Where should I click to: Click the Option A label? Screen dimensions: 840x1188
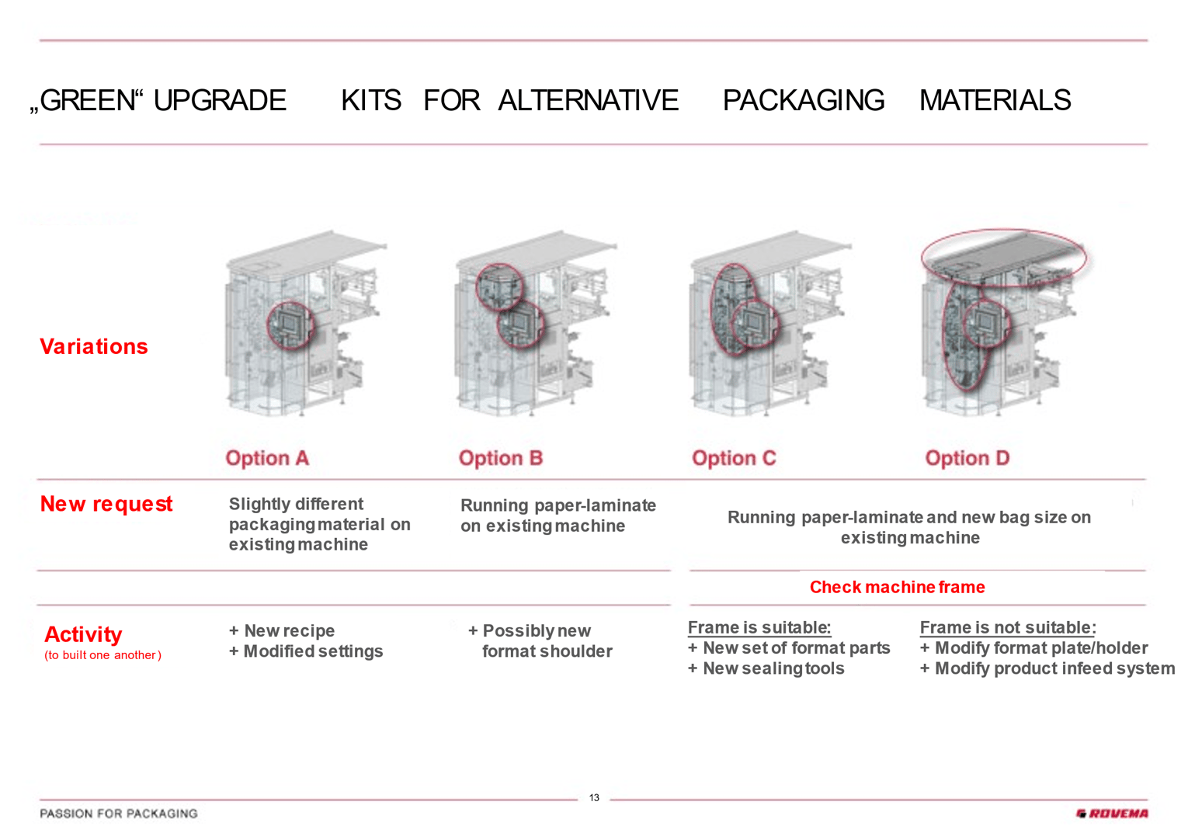(267, 458)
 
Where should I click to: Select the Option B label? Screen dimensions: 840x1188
(501, 458)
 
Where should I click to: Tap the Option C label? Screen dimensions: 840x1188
(734, 458)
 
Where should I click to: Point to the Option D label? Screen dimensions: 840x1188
(967, 458)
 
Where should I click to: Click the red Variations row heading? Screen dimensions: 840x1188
(94, 346)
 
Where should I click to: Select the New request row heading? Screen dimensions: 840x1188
(106, 504)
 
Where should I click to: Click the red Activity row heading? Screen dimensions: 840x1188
(83, 634)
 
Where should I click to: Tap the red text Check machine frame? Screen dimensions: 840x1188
(897, 587)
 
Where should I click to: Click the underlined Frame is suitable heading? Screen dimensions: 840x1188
(759, 627)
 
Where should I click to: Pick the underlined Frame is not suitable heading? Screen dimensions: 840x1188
(1007, 627)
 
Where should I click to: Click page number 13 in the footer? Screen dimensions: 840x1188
(594, 797)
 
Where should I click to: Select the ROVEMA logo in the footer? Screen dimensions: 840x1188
(1112, 814)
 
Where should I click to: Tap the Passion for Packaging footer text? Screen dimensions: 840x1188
(119, 814)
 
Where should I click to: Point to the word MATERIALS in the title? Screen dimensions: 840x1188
(995, 101)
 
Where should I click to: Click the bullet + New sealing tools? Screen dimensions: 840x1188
(766, 668)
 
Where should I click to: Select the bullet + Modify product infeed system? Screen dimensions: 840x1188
(1047, 668)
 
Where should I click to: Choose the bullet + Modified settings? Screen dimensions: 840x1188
(306, 651)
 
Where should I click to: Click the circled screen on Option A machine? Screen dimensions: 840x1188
(290, 325)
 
